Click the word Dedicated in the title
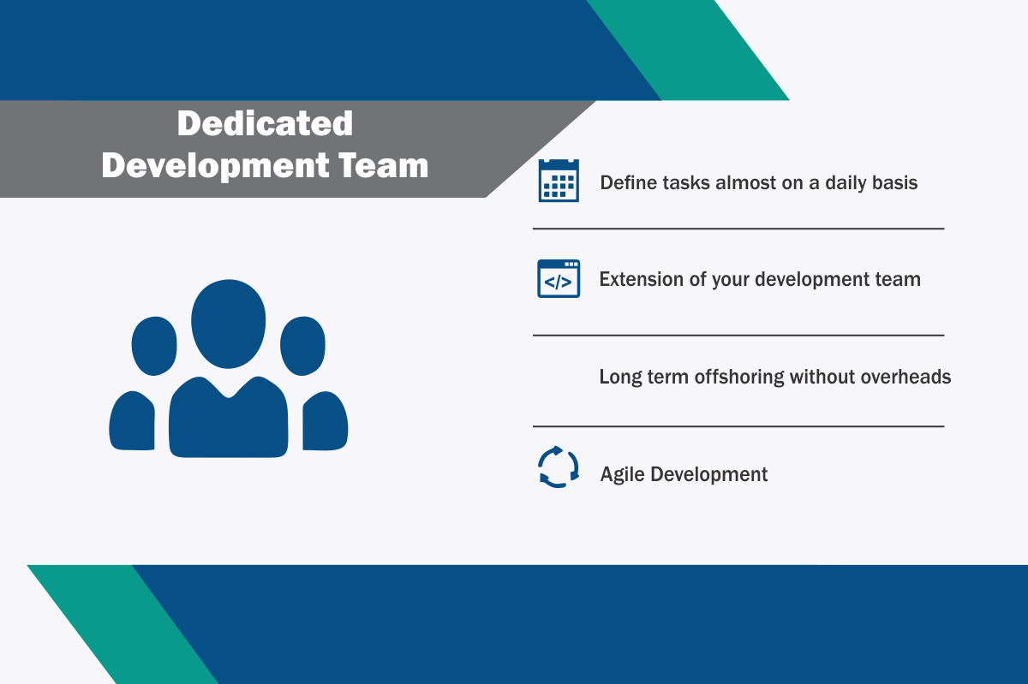(x=265, y=123)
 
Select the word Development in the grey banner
(x=215, y=167)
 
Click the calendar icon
(x=559, y=181)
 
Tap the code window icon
(x=559, y=278)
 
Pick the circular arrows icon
(x=559, y=467)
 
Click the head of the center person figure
(x=228, y=324)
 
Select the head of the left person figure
(x=154, y=346)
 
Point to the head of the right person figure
(x=303, y=346)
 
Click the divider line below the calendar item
(x=738, y=229)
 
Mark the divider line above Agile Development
(x=738, y=426)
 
